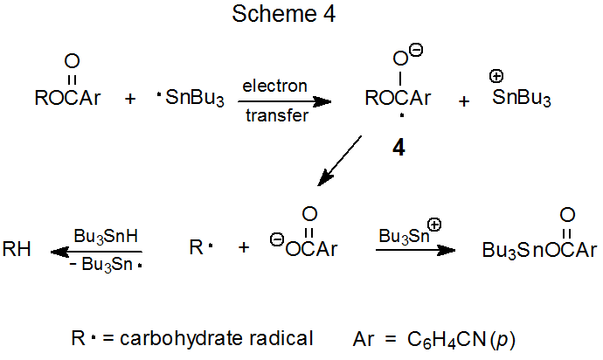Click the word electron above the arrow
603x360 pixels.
click(274, 86)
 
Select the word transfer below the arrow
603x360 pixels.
click(276, 116)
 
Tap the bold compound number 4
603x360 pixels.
click(398, 149)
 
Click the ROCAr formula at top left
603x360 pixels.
click(68, 98)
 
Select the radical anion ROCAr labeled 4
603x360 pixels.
click(398, 99)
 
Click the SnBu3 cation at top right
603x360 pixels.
click(521, 99)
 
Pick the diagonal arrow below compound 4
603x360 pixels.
click(340, 161)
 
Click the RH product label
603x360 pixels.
click(18, 249)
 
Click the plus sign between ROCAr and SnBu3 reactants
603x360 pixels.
click(130, 99)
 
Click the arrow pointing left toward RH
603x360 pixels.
click(96, 251)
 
